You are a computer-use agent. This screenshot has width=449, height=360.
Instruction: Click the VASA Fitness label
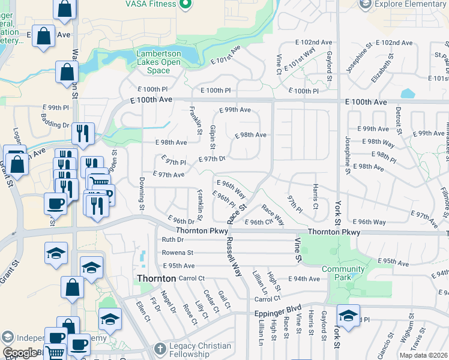coord(150,4)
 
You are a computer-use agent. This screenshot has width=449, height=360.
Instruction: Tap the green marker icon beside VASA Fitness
coord(185,4)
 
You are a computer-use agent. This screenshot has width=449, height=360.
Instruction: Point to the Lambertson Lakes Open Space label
coord(158,61)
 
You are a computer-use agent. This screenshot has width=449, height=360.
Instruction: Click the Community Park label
coord(343,273)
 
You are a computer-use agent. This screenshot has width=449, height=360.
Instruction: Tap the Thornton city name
coord(156,278)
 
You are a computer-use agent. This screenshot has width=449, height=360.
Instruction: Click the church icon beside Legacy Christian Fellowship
coord(160,349)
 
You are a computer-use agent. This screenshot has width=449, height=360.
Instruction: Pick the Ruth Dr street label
coord(172,239)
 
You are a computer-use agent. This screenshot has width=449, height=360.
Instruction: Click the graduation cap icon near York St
coord(348,314)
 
